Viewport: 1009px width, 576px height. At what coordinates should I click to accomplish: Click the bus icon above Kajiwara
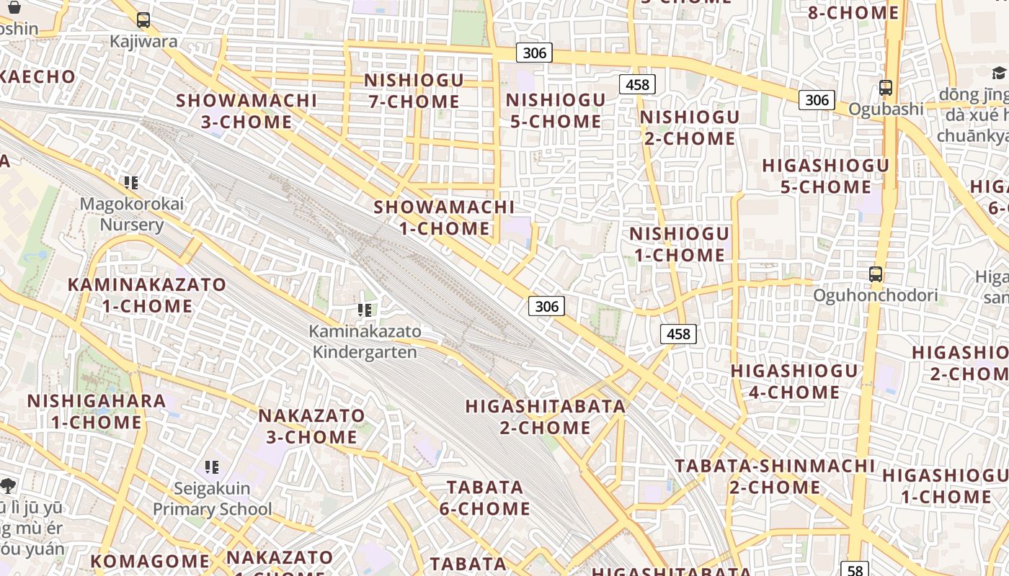point(143,20)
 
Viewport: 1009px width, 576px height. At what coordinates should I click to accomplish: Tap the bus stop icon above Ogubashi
point(886,88)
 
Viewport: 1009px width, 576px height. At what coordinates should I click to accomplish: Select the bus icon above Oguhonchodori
point(876,274)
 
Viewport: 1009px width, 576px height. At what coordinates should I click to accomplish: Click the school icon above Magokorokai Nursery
point(131,182)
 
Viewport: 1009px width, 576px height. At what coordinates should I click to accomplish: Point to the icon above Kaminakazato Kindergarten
point(365,310)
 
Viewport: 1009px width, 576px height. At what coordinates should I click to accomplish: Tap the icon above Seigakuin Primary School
point(212,467)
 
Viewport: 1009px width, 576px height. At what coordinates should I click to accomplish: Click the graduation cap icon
point(999,72)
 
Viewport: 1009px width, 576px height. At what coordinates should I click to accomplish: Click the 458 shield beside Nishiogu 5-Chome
point(637,85)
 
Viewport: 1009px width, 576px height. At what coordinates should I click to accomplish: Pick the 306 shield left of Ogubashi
point(817,99)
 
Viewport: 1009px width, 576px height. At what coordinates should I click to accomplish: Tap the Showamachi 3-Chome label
point(246,111)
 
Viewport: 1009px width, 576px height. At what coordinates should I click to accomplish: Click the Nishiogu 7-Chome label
point(414,91)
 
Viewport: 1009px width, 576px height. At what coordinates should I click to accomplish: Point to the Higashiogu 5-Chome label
point(826,176)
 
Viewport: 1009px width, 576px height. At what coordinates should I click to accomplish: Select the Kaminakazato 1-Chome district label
point(147,295)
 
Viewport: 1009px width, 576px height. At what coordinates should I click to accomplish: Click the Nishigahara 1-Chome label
point(97,411)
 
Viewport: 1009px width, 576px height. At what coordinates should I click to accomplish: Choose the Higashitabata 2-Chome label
point(546,417)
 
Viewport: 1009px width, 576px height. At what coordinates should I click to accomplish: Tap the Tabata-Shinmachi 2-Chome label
point(775,476)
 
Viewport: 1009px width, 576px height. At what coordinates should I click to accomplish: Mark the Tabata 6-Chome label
point(485,498)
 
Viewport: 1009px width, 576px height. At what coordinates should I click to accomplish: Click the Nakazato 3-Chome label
point(311,426)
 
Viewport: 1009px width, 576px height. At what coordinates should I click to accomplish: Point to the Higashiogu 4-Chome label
point(795,382)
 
